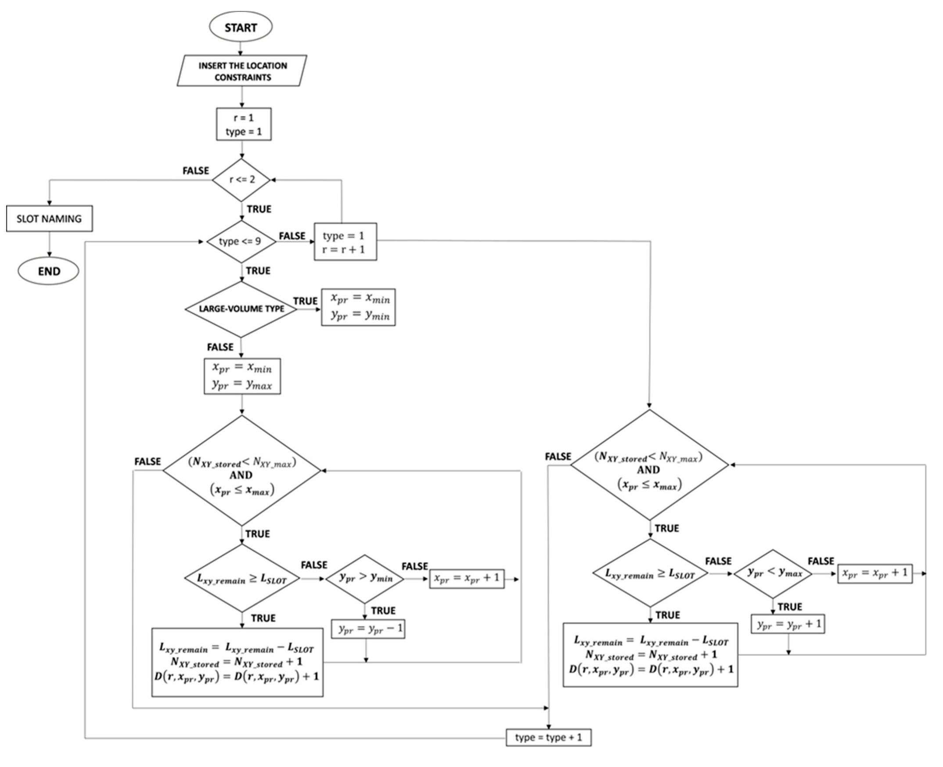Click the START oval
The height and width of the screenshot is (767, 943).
240,27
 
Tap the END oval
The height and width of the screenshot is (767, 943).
49,271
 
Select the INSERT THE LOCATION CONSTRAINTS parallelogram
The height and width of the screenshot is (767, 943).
241,71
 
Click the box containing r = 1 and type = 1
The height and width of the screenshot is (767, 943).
243,124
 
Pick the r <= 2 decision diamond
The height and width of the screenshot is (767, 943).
241,180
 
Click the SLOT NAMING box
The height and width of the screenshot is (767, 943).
49,218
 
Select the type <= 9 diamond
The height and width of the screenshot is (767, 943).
241,241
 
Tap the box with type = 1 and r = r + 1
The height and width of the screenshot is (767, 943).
345,241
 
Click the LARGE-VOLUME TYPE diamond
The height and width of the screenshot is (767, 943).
241,309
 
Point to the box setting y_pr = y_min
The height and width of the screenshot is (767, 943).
358,307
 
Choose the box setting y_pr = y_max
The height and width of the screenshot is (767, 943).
242,376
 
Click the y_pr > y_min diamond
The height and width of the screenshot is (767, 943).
365,578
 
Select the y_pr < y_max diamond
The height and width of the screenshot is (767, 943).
773,573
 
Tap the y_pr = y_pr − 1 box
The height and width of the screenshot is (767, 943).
368,628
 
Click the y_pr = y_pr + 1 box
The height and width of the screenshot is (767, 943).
788,624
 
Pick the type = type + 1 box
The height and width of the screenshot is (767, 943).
548,737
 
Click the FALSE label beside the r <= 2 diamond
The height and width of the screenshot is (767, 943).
195,170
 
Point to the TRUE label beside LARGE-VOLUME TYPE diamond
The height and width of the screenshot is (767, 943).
305,301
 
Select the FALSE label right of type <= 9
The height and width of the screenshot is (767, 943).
292,236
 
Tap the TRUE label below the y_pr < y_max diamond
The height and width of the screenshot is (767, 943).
789,607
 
